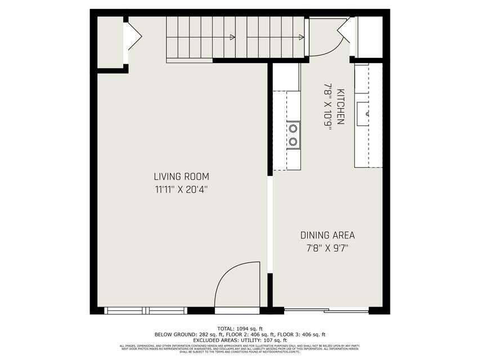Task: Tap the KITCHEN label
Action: (340, 106)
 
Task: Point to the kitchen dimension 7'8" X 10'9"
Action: (327, 106)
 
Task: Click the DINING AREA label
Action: (327, 235)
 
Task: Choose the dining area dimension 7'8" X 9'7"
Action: (327, 247)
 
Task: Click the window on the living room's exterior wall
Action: (146, 310)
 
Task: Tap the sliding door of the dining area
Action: (326, 310)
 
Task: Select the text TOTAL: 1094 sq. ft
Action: (240, 328)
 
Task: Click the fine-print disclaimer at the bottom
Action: (240, 348)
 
